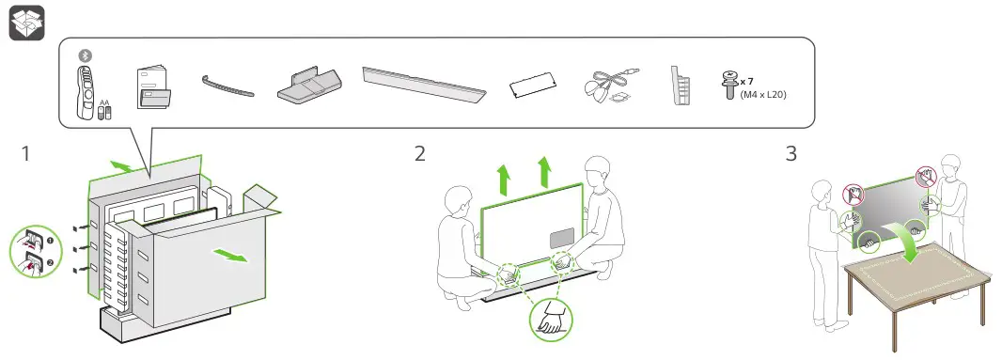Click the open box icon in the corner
point(27,23)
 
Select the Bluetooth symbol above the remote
point(85,56)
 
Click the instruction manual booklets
point(154,89)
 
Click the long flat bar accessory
point(424,85)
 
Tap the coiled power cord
point(612,86)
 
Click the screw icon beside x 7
point(727,86)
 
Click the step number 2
point(419,154)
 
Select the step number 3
point(791,154)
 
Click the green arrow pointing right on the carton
point(230,256)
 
